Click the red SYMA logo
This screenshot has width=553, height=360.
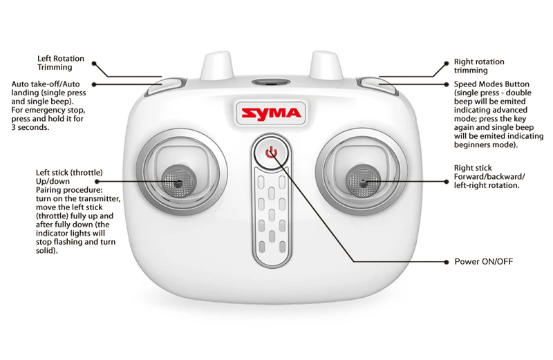coord(269,113)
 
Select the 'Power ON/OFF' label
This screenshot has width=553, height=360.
coord(483,262)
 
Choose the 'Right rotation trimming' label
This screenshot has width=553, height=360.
coord(479,66)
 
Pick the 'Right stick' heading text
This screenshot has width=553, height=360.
coord(473,168)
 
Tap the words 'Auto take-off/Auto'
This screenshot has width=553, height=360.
coord(46,84)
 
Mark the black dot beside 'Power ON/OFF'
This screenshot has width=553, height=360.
coord(446,262)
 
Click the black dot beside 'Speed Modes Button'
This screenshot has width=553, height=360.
coord(446,84)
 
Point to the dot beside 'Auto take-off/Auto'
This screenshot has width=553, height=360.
coord(94,84)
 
